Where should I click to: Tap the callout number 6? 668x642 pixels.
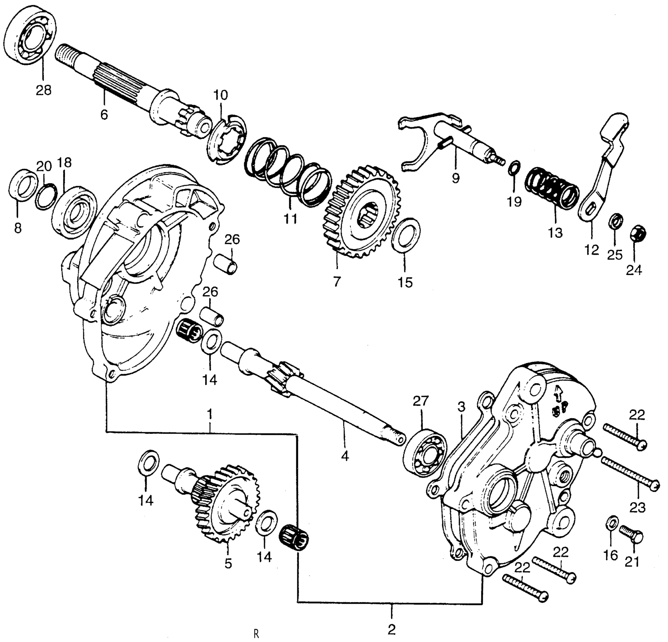pyautogui.click(x=104, y=114)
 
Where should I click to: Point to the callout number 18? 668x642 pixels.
pyautogui.click(x=64, y=163)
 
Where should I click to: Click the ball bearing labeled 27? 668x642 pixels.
pyautogui.click(x=425, y=453)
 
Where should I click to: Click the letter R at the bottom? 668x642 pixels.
pyautogui.click(x=256, y=634)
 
